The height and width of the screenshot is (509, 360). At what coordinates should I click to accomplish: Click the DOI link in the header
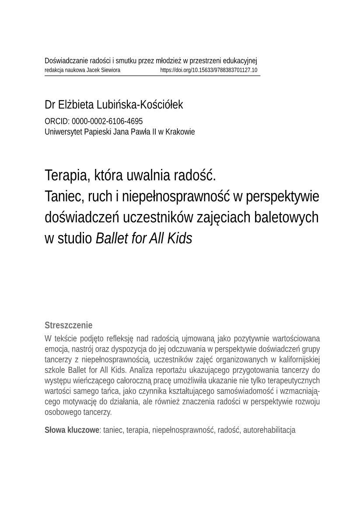coord(209,70)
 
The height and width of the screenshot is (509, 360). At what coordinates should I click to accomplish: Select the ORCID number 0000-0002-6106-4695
coord(107,121)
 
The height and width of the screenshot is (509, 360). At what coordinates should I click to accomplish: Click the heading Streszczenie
coord(68,325)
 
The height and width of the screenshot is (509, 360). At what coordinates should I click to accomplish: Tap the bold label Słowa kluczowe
coord(72,430)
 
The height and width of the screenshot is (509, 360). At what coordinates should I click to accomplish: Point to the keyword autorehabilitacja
coord(269,430)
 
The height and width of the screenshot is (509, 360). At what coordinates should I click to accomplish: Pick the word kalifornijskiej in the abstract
coord(299,360)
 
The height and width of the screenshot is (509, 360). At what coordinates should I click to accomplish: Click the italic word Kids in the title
coord(179,239)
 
